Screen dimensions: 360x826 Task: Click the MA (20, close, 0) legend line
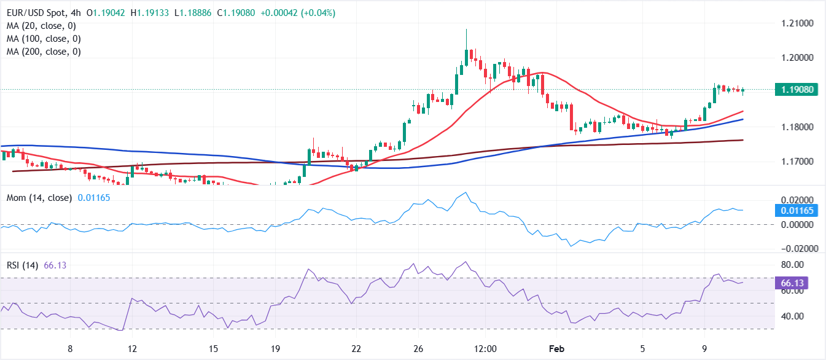42,26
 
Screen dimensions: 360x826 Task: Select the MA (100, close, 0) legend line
45,39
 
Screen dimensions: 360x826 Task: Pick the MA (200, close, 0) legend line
45,52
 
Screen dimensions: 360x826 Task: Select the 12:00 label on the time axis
485,348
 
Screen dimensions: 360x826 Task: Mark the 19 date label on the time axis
275,348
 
